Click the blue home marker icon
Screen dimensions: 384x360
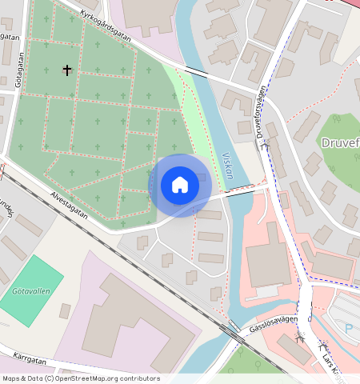(x=180, y=185)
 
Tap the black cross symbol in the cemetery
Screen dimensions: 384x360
(x=66, y=70)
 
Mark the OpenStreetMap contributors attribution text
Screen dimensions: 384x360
(x=81, y=378)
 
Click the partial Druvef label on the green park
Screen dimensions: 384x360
(x=339, y=143)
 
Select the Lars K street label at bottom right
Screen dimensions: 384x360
(x=332, y=359)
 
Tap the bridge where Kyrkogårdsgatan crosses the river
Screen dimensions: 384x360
(x=197, y=71)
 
